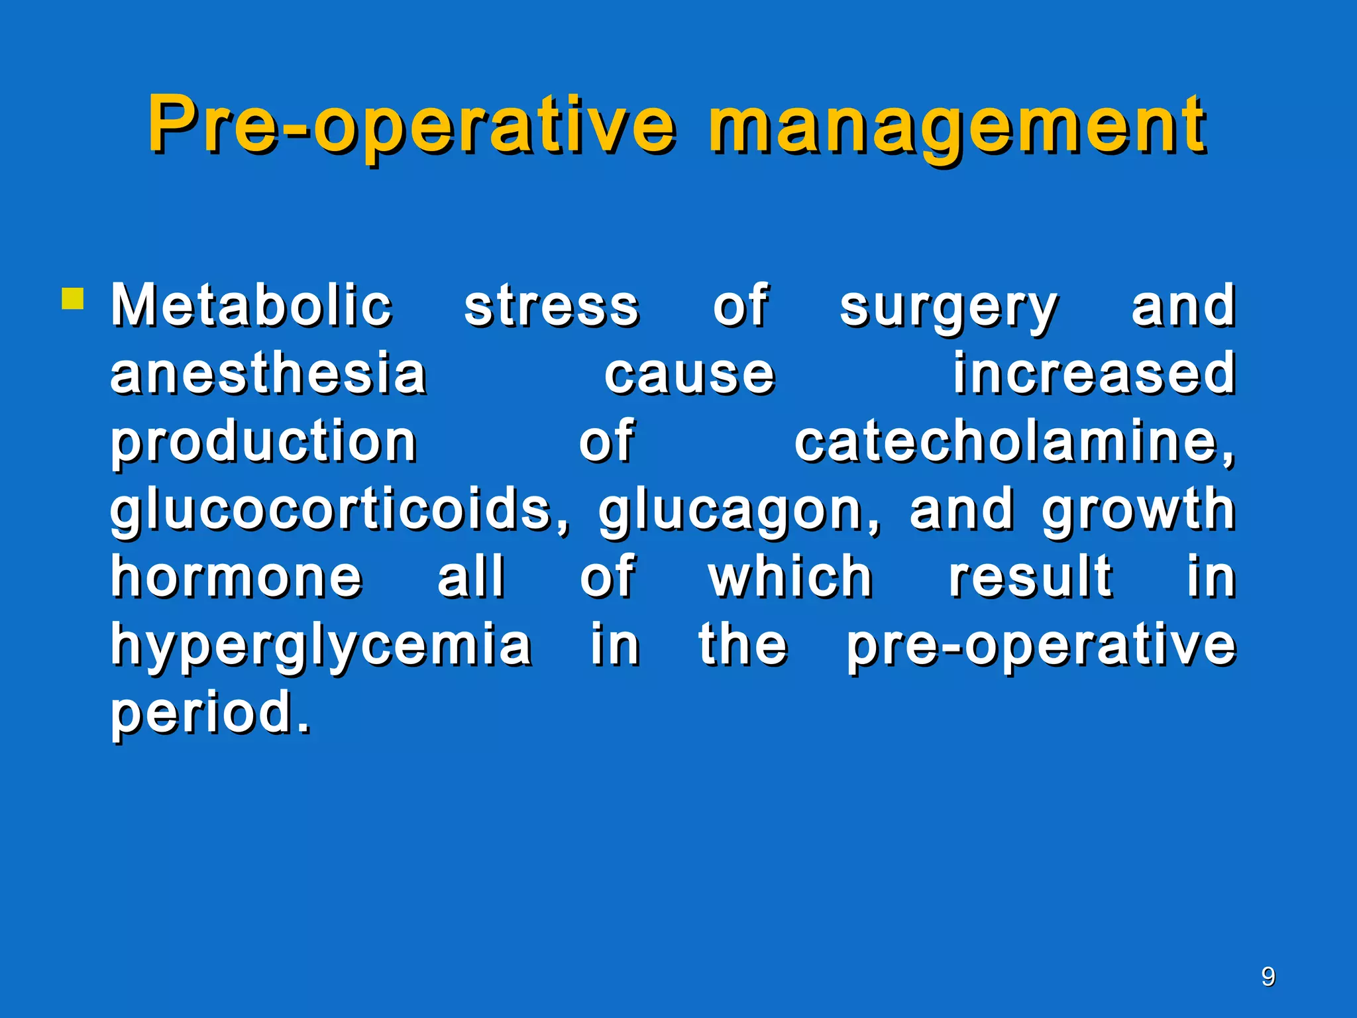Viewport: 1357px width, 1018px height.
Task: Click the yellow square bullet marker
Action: point(72,299)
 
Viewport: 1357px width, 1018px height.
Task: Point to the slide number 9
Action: point(1268,977)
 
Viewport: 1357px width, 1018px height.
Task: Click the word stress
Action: point(551,306)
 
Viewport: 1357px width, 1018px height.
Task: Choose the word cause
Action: point(689,374)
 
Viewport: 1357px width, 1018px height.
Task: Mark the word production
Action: point(264,443)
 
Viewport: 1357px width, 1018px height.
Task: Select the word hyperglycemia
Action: point(321,646)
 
